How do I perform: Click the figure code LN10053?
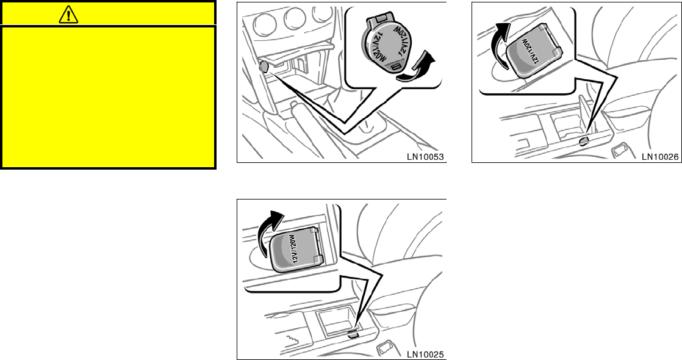(425, 156)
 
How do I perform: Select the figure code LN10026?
(660, 156)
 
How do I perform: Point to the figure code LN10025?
(425, 353)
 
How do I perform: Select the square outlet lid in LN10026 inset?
(532, 55)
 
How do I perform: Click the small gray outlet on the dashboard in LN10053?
(263, 68)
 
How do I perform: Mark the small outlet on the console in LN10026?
(583, 142)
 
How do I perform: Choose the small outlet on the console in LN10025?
(353, 334)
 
